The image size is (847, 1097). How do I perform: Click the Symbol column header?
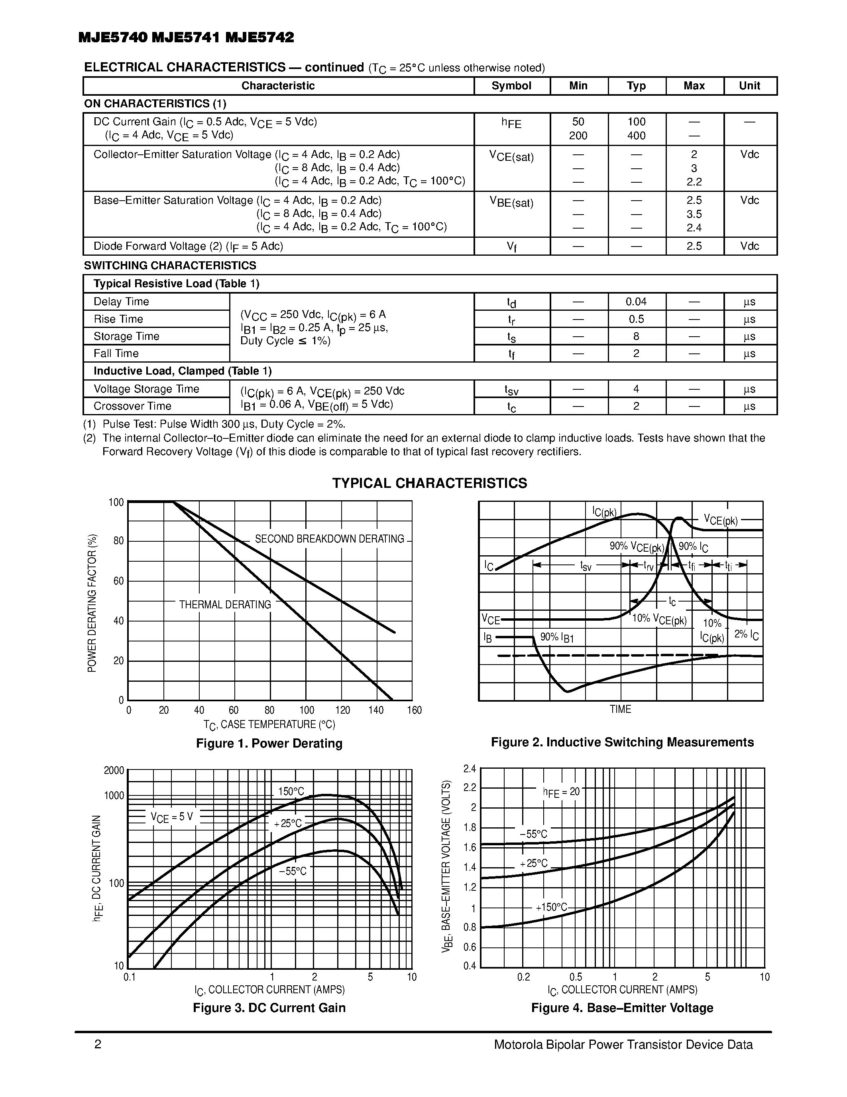tap(511, 86)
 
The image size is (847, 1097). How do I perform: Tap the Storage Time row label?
tap(126, 336)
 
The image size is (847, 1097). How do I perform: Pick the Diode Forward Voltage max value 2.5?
tap(694, 246)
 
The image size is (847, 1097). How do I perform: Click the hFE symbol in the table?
tap(511, 123)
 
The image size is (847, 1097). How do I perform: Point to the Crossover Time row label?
tap(132, 406)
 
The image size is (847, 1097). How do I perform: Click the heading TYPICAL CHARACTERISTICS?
tap(430, 483)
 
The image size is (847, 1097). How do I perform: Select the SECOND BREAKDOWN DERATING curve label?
tap(329, 539)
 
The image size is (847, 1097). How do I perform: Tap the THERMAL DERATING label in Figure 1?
tap(225, 605)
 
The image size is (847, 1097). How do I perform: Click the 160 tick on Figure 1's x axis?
tap(414, 710)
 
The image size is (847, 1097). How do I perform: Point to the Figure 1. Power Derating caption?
tap(269, 744)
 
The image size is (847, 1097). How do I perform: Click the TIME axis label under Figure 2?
tap(620, 709)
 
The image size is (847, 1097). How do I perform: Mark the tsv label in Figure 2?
tap(586, 566)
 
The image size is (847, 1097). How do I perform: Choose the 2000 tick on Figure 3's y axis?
tap(114, 771)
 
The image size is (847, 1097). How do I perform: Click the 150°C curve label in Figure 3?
tap(291, 791)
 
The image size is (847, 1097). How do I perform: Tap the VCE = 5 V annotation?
tap(172, 817)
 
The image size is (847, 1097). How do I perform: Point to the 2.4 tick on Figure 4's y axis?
tap(469, 769)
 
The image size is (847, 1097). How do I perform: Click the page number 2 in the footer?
tap(98, 1045)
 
